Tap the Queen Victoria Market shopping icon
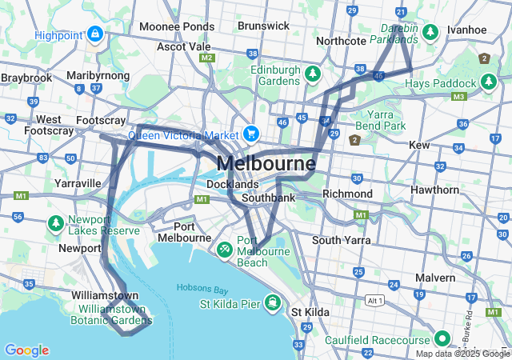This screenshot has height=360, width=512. [x=251, y=134]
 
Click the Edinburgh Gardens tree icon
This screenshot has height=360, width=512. [x=312, y=74]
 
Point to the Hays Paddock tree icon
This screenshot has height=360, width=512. [x=488, y=82]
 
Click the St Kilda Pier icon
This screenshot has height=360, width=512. [x=274, y=302]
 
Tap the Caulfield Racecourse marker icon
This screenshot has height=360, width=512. [x=439, y=336]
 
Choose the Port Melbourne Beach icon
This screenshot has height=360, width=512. [x=226, y=250]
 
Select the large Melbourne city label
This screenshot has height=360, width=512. [x=266, y=164]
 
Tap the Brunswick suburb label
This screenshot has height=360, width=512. [x=263, y=26]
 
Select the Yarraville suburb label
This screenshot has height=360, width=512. [x=78, y=183]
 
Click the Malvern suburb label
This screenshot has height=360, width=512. [x=434, y=278]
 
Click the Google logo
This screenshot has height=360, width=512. [x=26, y=350]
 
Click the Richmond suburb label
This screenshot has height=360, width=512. [x=347, y=194]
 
